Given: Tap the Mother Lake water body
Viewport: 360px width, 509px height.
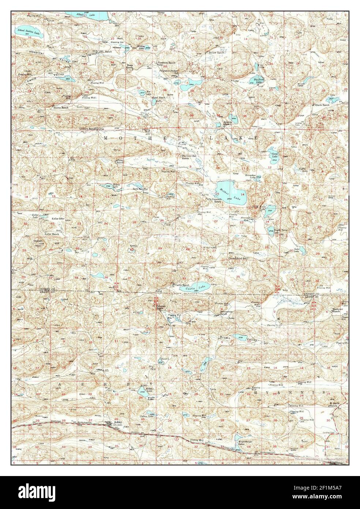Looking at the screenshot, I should (x=231, y=190).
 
